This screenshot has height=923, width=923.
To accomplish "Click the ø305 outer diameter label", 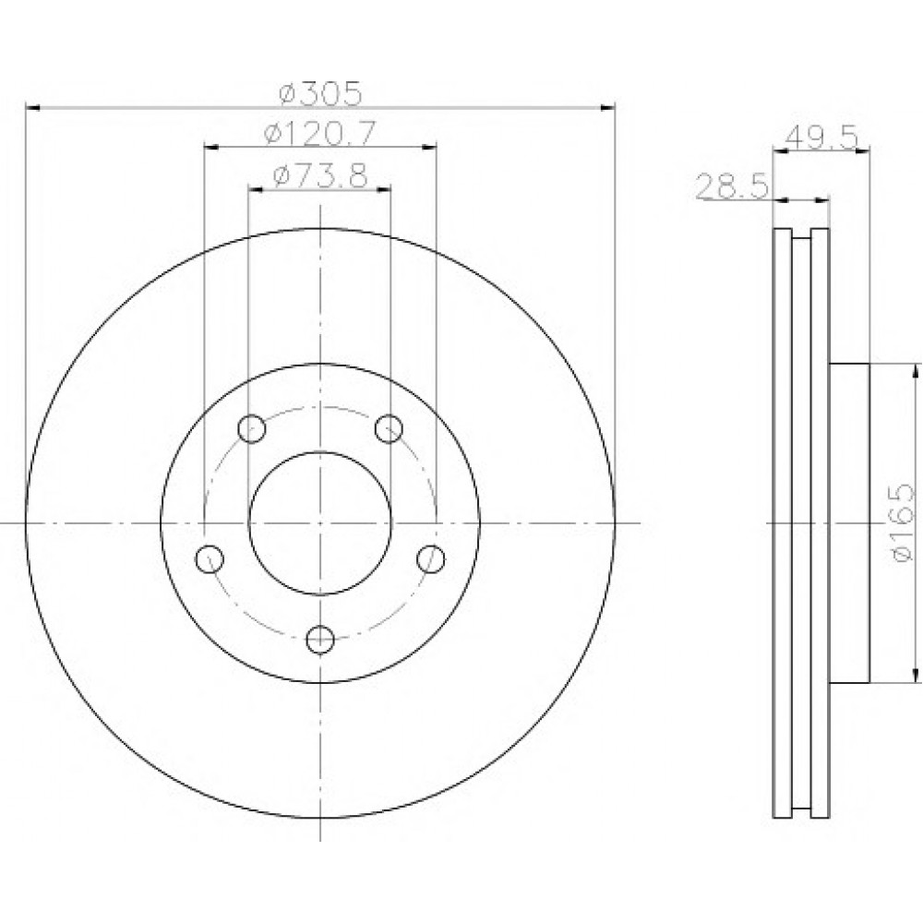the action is coord(320,93).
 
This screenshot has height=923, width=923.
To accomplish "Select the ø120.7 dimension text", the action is coord(319,134).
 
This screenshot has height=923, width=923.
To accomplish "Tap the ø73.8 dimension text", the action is coord(320,174).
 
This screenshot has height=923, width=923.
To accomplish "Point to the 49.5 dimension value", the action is coord(821,138).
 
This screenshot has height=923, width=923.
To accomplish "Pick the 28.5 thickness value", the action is coord(732,186).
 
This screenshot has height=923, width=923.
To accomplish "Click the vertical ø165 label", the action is coord(903,522).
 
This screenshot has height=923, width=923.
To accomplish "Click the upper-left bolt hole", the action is coord(252,428).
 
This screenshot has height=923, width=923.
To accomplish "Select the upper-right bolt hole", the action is coord(390,428).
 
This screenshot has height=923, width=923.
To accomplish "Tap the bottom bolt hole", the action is coord(321,640).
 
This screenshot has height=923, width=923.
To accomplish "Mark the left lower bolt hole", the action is coord(210,558).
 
